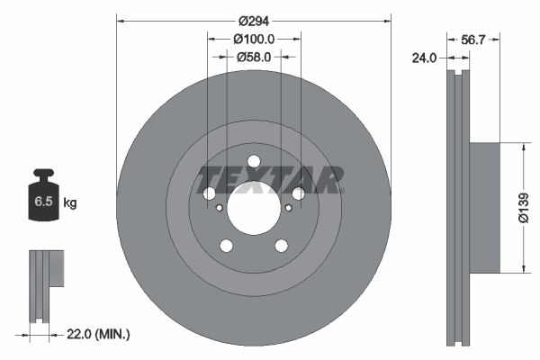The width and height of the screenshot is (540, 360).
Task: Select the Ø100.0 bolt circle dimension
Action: point(254,40)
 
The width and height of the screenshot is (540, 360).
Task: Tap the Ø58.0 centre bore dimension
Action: point(254,57)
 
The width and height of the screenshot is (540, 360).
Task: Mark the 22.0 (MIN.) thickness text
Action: point(98,335)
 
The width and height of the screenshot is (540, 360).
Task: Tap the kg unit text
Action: point(70,203)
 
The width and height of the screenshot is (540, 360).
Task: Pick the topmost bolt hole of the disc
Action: point(254,162)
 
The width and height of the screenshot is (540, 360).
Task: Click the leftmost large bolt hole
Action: point(210,193)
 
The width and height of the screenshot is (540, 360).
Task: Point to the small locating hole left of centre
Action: point(220,208)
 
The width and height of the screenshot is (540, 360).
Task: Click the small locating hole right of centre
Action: point(288,208)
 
